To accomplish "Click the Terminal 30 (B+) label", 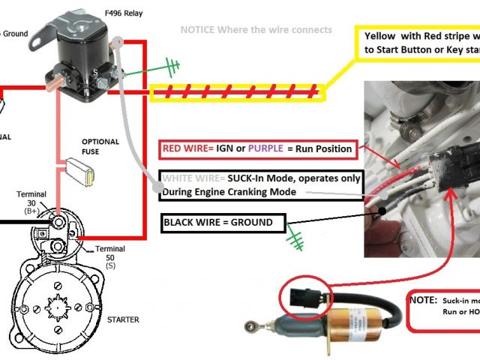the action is pos(31,201).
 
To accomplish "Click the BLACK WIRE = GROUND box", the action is pos(223,223).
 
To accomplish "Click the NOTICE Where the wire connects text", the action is pos(256,30).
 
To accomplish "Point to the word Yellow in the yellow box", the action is pos(381,36).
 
